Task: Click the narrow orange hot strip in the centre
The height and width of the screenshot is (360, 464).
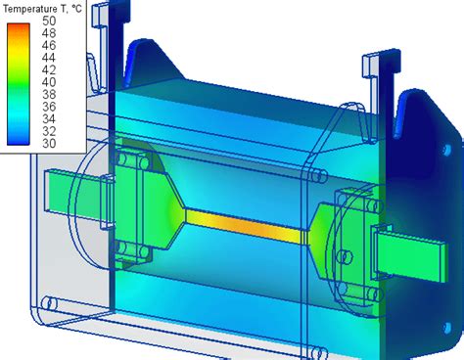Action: [x=245, y=224]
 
